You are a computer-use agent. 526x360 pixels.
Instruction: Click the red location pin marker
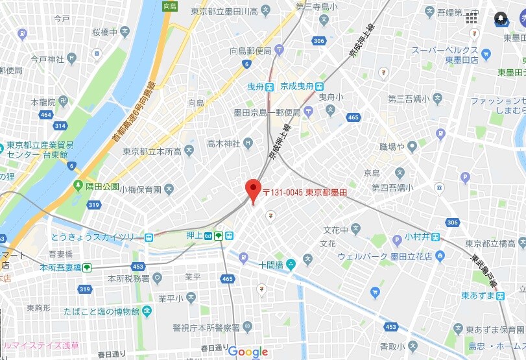coord(253,191)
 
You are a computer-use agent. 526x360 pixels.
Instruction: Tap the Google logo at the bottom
coord(248,352)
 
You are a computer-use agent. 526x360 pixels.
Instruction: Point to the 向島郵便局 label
coord(250,50)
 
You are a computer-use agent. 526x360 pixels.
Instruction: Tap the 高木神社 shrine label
coord(223,143)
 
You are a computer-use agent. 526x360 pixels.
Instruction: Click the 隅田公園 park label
coord(102,186)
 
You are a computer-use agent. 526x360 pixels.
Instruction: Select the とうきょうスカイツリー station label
coord(95,237)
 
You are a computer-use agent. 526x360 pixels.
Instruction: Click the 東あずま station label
coord(478,295)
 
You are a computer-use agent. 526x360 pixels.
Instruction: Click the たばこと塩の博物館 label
coord(101,312)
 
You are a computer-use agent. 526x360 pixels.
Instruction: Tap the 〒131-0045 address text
coord(305,193)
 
